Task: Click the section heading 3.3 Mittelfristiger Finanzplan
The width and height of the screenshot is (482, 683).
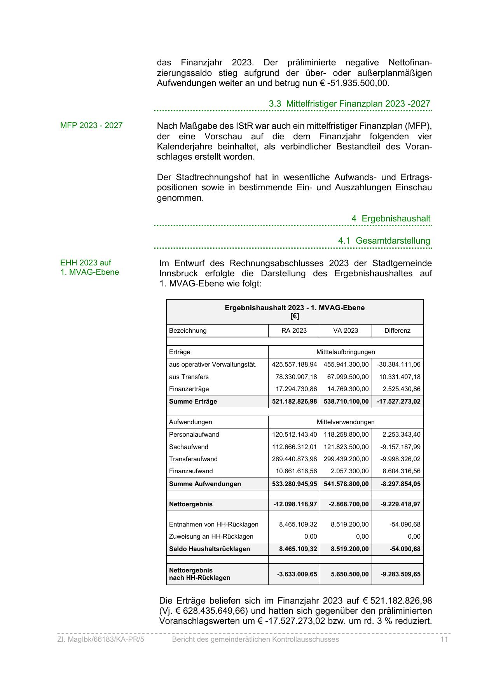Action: (x=349, y=104)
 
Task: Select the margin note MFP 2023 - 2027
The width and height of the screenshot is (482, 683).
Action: (x=91, y=125)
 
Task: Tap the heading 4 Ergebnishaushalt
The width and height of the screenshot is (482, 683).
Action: (x=391, y=218)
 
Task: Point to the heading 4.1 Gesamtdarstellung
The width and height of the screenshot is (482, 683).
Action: (x=384, y=241)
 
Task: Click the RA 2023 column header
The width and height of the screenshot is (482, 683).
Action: (x=294, y=330)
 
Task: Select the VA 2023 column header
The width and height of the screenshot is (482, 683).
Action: (x=346, y=330)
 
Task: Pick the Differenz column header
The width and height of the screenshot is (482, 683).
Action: (x=397, y=330)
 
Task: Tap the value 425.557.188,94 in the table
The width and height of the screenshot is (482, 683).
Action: (x=294, y=364)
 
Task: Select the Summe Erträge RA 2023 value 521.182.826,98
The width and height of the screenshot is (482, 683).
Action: (x=294, y=401)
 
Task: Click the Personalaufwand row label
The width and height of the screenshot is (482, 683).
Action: (x=194, y=434)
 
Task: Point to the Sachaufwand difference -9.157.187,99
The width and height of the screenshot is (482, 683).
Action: (x=400, y=447)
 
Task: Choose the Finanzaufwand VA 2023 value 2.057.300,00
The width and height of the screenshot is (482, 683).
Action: (x=349, y=471)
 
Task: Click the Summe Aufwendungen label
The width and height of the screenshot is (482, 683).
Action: (x=205, y=484)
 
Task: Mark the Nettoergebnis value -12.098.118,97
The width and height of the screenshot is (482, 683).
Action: (x=295, y=504)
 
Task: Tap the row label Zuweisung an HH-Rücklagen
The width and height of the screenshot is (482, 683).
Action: (x=211, y=536)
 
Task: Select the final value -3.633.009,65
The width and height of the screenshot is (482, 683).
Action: (x=297, y=574)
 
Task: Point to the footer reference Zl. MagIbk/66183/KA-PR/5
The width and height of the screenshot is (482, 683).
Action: (x=101, y=639)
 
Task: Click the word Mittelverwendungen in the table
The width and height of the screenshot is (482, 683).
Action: (x=346, y=422)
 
